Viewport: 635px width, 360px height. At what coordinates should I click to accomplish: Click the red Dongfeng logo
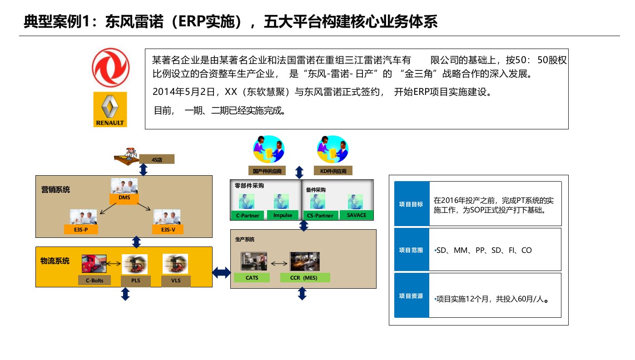110,68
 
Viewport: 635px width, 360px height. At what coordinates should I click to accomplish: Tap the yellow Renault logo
110,109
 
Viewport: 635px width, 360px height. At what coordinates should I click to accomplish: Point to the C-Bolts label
94,280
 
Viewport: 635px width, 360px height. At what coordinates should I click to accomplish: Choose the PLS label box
136,281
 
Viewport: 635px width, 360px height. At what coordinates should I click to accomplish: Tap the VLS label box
176,281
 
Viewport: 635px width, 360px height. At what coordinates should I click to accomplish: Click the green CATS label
252,277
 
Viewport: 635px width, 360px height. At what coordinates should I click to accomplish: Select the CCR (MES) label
303,277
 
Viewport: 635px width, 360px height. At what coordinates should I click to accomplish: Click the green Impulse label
283,215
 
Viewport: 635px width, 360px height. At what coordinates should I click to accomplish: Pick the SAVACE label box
356,215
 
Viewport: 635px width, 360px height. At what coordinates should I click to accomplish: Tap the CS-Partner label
321,215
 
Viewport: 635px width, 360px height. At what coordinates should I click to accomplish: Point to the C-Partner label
248,215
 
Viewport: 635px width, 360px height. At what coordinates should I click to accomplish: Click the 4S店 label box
157,159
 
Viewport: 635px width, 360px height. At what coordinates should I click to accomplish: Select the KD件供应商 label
333,171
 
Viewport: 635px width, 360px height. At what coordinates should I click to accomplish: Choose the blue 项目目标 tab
411,204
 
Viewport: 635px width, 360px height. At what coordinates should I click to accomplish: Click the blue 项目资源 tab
411,296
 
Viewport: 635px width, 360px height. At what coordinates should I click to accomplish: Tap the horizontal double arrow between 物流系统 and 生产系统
222,272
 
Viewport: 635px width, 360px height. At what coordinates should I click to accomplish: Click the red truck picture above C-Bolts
94,264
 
